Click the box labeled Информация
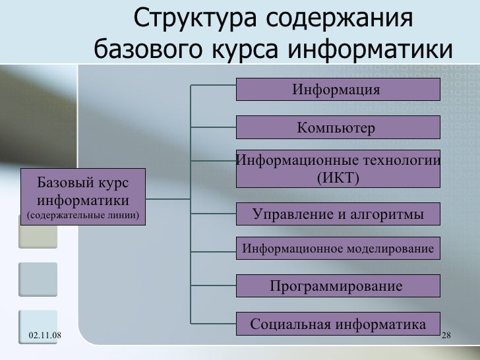pyautogui.click(x=338, y=89)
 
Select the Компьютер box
pyautogui.click(x=338, y=127)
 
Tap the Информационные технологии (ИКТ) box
pyautogui.click(x=338, y=169)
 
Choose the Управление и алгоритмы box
pyautogui.click(x=338, y=214)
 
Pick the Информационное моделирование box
pyautogui.click(x=338, y=249)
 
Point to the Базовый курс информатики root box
pyautogui.click(x=82, y=196)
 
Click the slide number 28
pyautogui.click(x=446, y=337)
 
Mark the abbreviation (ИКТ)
pyautogui.click(x=338, y=178)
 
